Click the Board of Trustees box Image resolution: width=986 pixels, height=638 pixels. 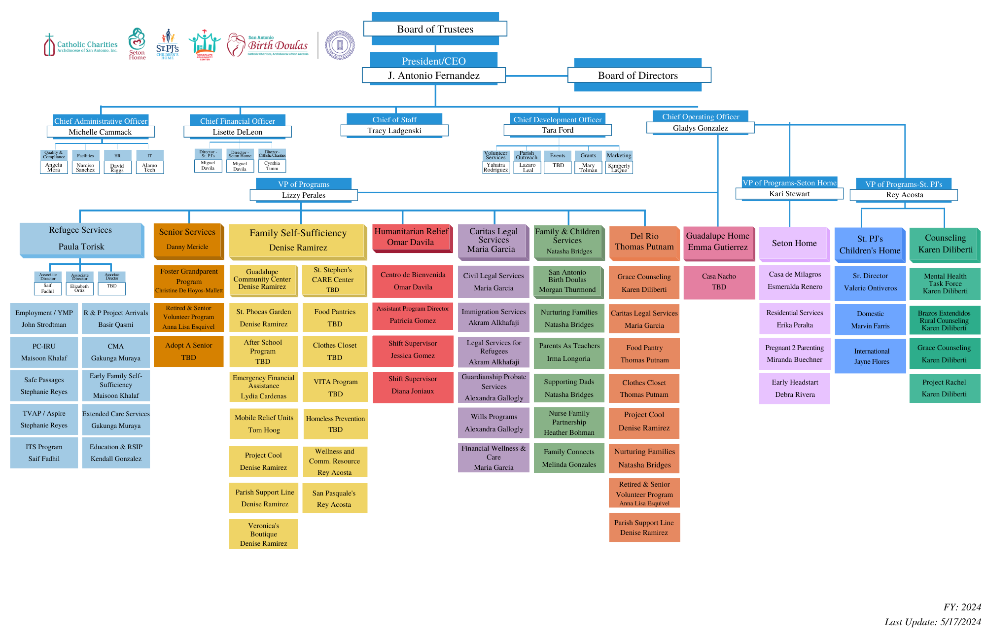pos(435,29)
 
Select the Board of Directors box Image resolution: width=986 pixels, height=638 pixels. pos(638,75)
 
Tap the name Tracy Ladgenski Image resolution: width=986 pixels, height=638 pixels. pos(394,131)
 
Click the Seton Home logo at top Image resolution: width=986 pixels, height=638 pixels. pos(137,44)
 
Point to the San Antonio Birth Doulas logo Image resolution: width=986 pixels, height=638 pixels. pos(269,45)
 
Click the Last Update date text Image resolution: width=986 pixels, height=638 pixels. pos(932,622)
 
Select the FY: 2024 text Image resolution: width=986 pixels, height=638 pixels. pos(962,607)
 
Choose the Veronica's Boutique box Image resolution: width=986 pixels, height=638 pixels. pos(264,534)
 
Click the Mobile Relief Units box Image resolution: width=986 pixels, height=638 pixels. pos(264,424)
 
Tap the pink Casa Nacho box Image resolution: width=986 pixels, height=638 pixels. pos(719,282)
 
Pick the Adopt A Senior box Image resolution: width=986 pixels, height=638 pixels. pos(189,351)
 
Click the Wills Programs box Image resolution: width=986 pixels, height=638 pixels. pos(494,423)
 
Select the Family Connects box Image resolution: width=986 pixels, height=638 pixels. pos(569,458)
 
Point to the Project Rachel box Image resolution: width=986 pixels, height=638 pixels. pos(944,388)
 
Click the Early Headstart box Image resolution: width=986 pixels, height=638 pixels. pos(795,388)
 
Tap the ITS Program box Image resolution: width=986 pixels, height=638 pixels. pos(44,453)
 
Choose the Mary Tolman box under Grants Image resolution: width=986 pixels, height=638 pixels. pos(588,168)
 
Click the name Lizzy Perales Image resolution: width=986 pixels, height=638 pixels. pos(304,195)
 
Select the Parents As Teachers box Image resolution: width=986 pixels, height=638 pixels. pos(569,352)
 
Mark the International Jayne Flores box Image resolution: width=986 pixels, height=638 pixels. pos(871,356)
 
